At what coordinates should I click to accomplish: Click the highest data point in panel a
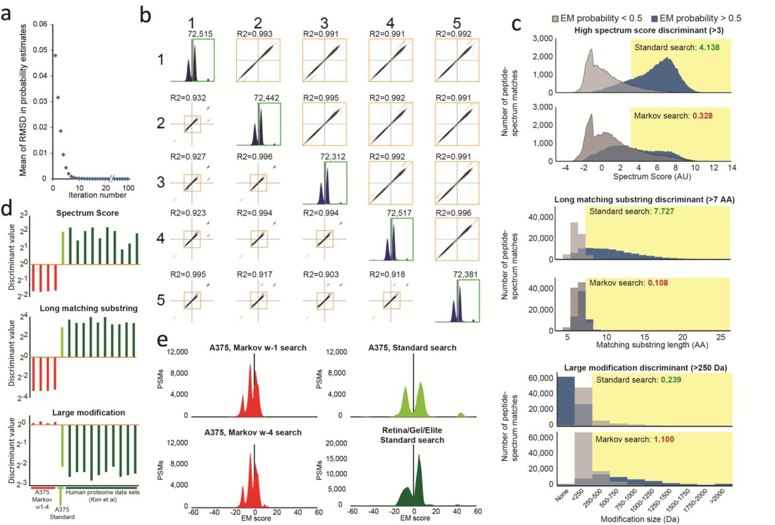55,55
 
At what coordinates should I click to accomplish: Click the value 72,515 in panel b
200,34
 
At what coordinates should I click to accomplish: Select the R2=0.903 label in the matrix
321,274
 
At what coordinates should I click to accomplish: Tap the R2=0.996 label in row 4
453,213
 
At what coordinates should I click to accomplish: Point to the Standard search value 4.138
709,47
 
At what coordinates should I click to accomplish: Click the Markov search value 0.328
702,116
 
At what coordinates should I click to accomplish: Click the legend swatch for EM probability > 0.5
654,19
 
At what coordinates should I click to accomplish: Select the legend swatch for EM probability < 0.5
555,19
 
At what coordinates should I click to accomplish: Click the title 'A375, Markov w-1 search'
258,347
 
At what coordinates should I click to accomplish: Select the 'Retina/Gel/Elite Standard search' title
412,435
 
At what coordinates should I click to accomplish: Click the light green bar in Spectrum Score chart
63,248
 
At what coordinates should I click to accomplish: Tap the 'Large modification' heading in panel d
89,412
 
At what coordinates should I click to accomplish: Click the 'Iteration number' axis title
97,195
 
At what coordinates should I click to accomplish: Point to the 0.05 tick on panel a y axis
40,50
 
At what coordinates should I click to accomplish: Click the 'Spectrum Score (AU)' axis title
652,177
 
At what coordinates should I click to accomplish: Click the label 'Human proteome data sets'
102,492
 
